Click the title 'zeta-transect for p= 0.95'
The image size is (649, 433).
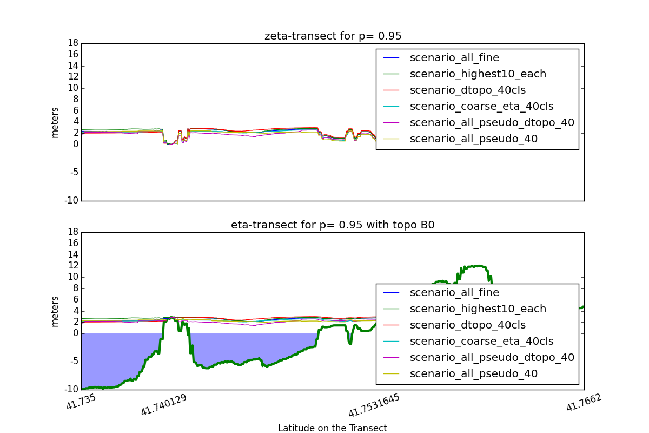333,36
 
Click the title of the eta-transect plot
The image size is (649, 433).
333,225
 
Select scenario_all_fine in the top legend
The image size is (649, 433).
454,57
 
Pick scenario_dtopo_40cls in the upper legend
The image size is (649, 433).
467,90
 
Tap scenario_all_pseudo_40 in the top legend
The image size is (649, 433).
473,139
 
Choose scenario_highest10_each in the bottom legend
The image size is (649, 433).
478,309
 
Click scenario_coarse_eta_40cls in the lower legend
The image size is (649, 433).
481,341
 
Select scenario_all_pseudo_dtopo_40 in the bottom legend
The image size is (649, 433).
492,357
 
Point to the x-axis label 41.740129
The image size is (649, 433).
163,405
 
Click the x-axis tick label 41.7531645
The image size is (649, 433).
374,405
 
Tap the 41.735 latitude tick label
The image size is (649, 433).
81,402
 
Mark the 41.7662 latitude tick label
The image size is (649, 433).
584,402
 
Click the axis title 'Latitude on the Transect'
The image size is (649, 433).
333,428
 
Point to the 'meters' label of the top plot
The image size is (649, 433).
55,122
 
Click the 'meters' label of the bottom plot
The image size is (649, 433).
55,311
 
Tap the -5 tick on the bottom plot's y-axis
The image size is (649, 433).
74,362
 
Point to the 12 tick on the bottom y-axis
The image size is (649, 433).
73,266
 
